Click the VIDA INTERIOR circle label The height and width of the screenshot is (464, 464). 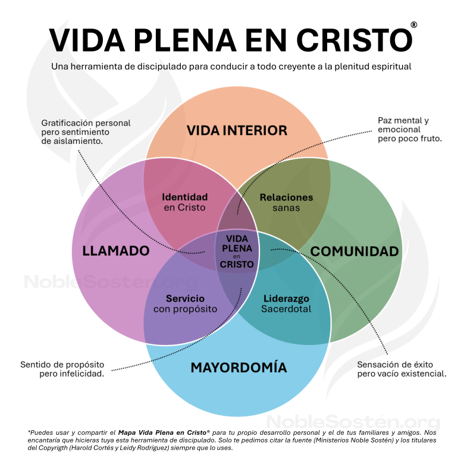[237, 130]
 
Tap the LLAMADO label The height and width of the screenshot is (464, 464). [115, 251]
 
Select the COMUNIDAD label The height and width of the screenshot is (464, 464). [355, 251]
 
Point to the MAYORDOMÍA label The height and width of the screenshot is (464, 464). [239, 368]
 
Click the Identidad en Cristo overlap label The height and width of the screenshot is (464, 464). [185, 202]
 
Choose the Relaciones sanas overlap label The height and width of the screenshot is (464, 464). [286, 202]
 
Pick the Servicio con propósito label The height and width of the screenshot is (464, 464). [185, 303]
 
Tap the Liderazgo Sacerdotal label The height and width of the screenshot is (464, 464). [286, 303]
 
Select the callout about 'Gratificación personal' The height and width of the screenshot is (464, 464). [86, 132]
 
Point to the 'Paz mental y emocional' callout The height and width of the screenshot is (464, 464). [410, 129]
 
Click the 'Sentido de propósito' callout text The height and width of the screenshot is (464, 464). [62, 369]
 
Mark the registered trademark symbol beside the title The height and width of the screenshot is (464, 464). [413, 25]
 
